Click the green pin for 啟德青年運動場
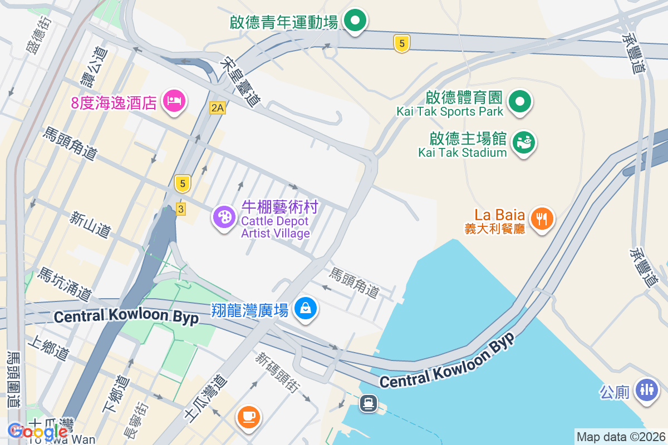[355, 22]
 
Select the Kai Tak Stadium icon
[523, 142]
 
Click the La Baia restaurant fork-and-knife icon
[541, 217]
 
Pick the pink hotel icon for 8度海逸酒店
[174, 101]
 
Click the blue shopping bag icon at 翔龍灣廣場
[305, 307]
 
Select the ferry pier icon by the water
[368, 402]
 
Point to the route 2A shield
[218, 108]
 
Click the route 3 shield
[180, 209]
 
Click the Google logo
[37, 431]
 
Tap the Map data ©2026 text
[620, 437]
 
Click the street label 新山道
[90, 224]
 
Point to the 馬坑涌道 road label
[64, 283]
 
